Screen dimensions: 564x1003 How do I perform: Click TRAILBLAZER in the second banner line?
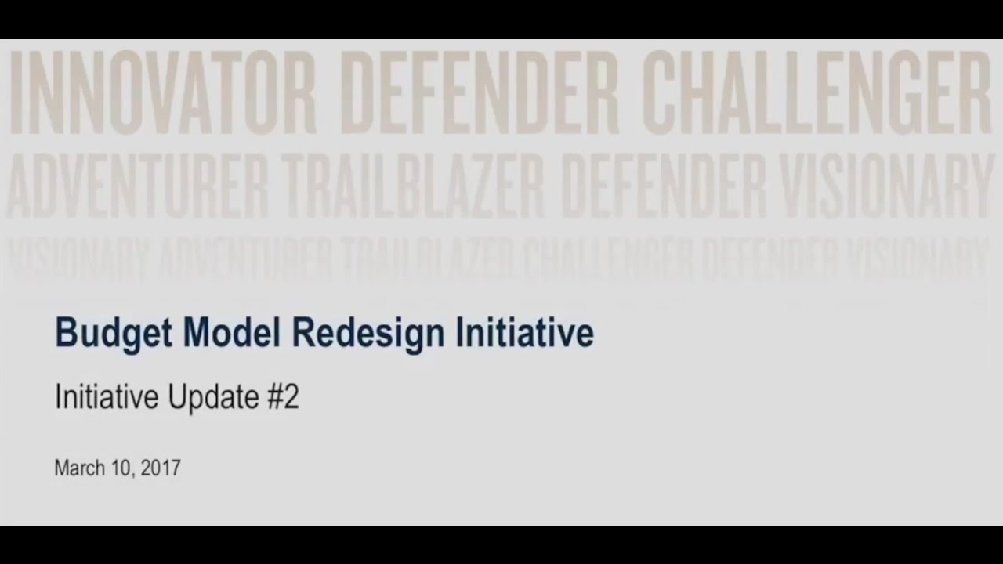[414, 186]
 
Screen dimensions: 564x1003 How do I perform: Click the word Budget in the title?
[113, 334]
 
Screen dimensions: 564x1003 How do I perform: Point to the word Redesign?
[368, 334]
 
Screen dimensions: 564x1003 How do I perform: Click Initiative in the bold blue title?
[524, 332]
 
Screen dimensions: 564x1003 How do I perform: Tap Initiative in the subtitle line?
[107, 398]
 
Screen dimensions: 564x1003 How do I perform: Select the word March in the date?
[79, 468]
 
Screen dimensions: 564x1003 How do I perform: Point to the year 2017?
[161, 468]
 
